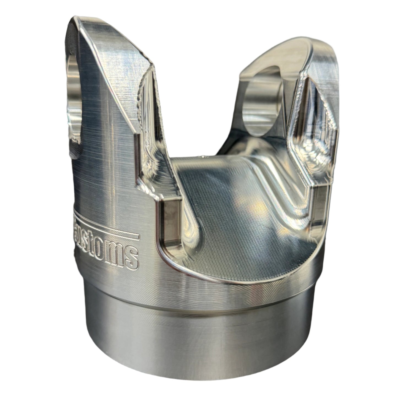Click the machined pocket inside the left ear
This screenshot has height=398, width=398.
coord(150,110)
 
